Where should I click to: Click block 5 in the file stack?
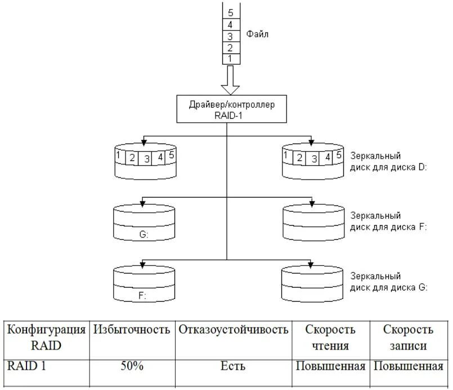click(x=230, y=12)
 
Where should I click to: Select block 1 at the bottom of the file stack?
click(x=230, y=58)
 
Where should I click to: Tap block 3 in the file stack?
click(x=230, y=36)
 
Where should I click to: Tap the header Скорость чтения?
click(x=330, y=337)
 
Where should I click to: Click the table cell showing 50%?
click(x=132, y=366)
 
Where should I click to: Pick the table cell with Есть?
click(x=234, y=366)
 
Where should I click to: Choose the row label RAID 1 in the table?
click(x=26, y=366)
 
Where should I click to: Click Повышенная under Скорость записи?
click(x=408, y=366)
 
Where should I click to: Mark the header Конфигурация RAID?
click(x=47, y=337)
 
